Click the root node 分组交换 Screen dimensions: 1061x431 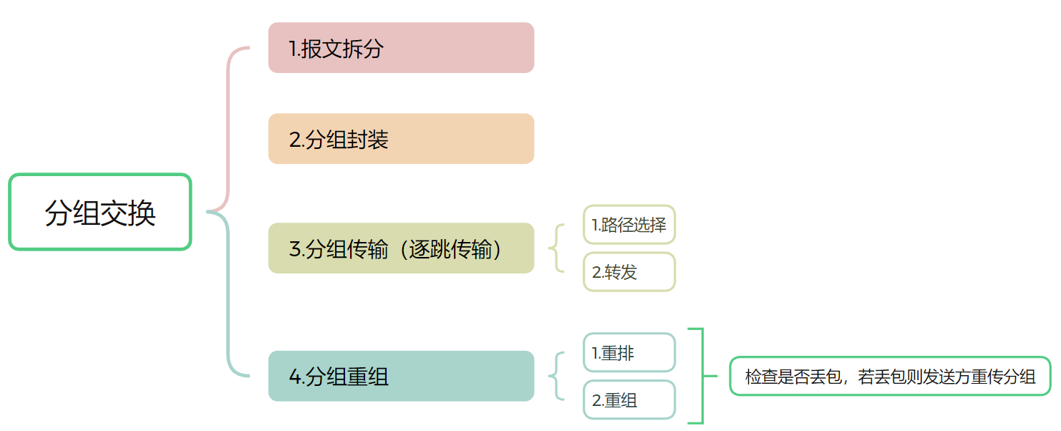coord(100,213)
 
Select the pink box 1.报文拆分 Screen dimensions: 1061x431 coord(401,48)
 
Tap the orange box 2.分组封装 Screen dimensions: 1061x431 coord(401,139)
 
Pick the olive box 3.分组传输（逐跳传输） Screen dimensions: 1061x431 coord(401,248)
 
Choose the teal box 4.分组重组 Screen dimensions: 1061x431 coord(401,376)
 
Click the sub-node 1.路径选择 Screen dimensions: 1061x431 coord(629,225)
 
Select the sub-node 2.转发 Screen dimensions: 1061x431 coord(629,272)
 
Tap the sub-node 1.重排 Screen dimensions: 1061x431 coord(629,353)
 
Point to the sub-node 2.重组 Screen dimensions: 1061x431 coord(629,400)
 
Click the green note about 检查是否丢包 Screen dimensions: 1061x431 coord(890,377)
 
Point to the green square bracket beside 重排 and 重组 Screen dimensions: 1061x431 coord(702,376)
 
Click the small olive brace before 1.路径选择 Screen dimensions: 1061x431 coord(556,248)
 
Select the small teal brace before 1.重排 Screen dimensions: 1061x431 coord(556,376)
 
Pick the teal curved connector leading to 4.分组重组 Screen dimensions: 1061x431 coord(228,308)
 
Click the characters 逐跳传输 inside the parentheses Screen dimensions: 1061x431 coord(451,249)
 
